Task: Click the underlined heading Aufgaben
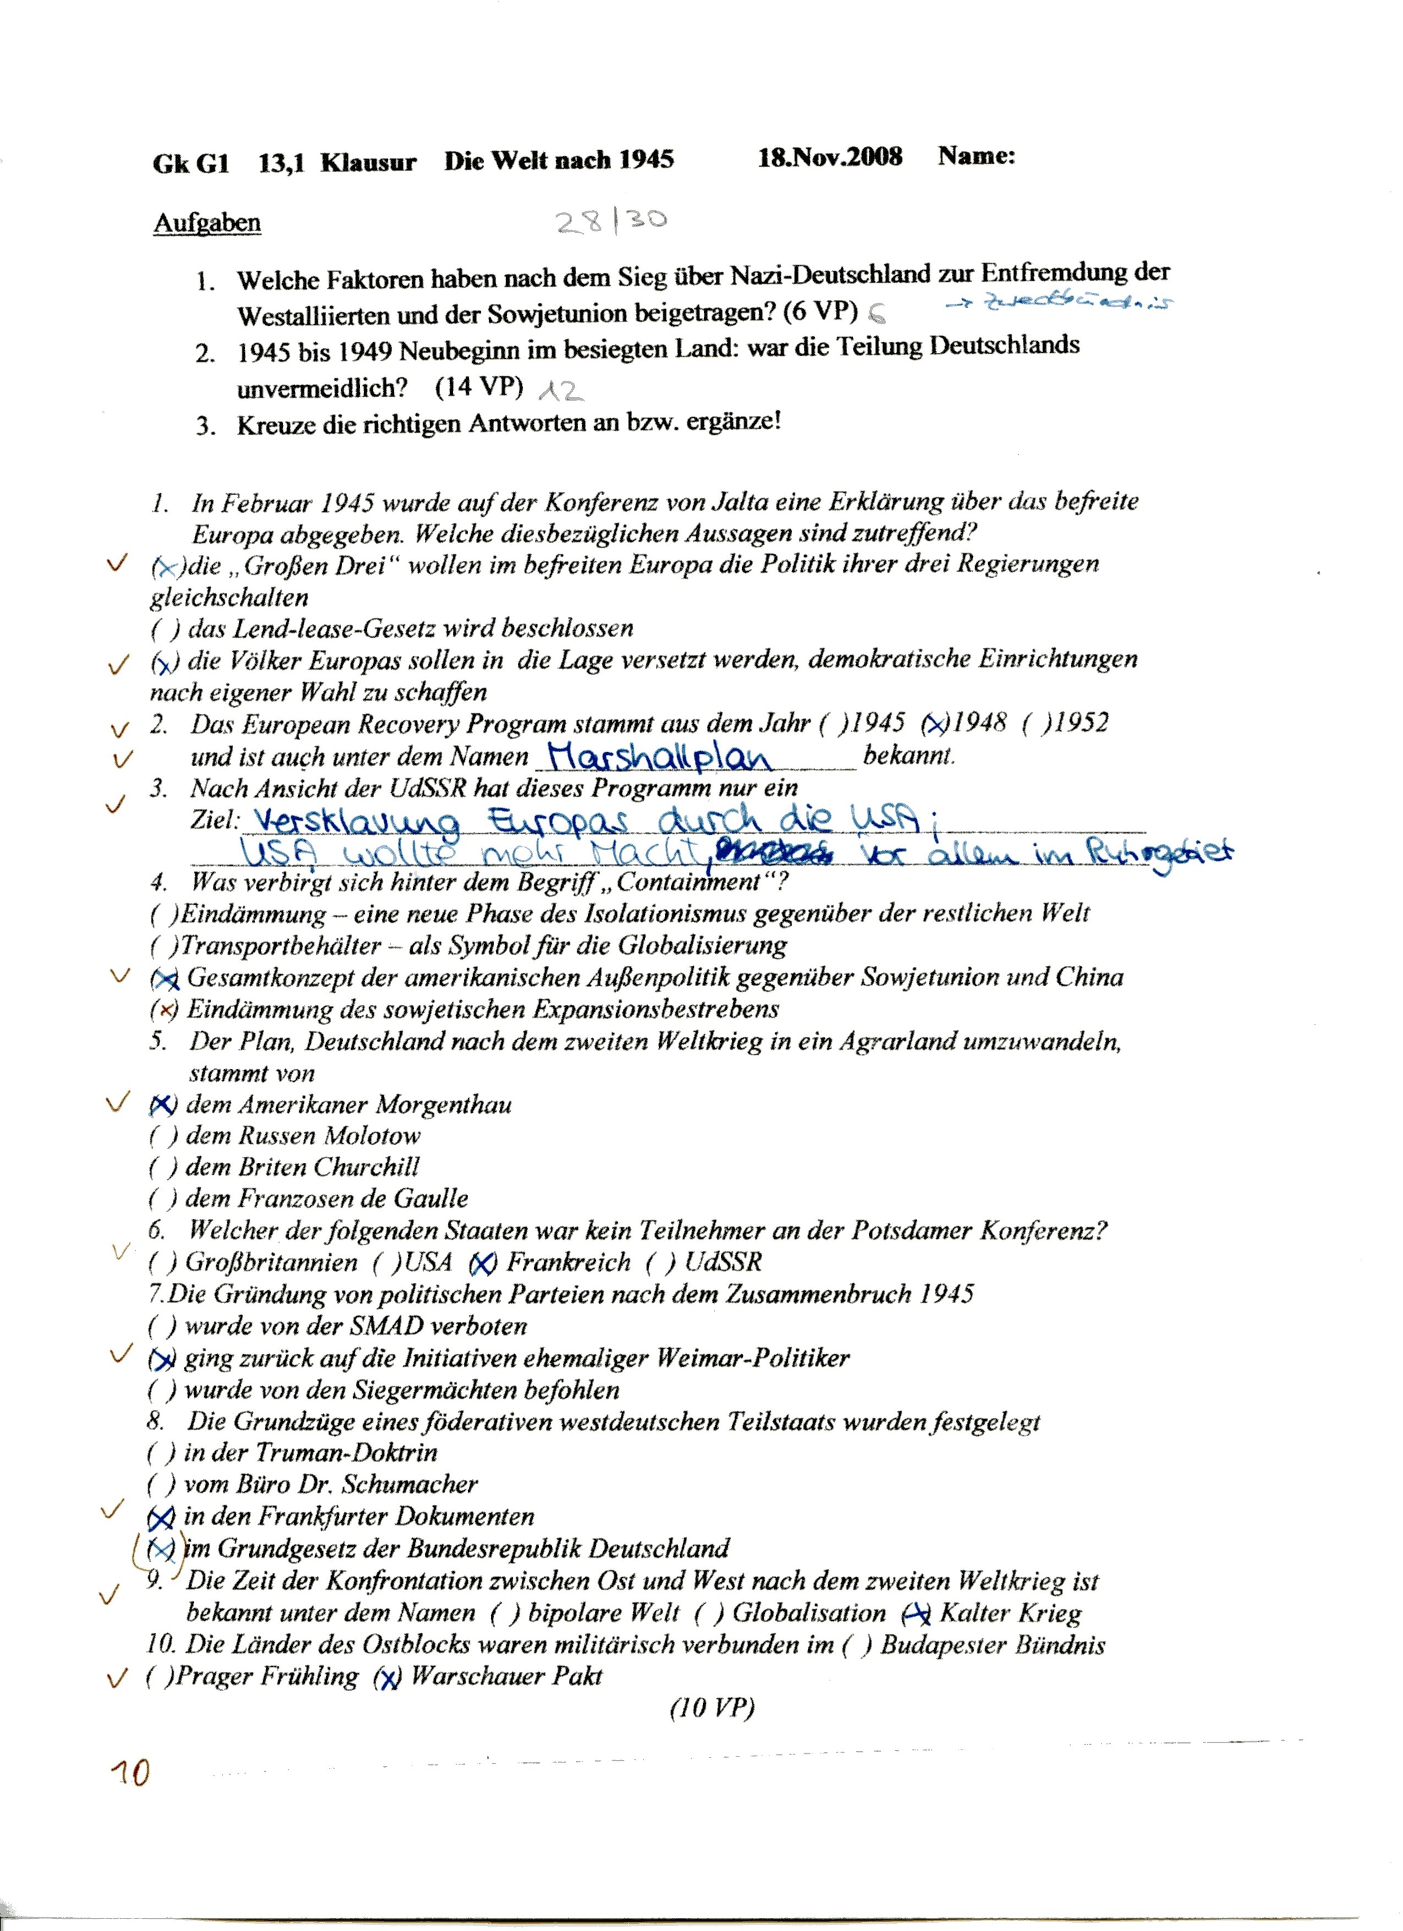[x=207, y=223]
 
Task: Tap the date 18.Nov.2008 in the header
[x=830, y=157]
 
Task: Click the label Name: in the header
[x=977, y=156]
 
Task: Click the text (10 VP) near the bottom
[x=712, y=1708]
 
